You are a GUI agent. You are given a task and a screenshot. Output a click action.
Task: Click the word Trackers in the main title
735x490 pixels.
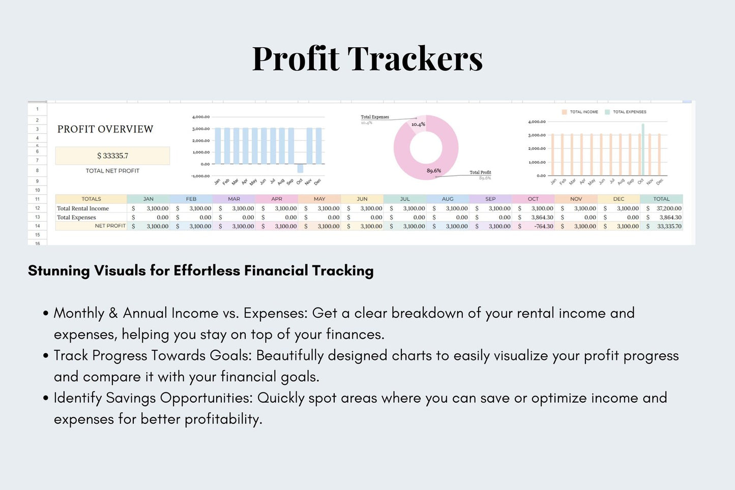[x=415, y=59]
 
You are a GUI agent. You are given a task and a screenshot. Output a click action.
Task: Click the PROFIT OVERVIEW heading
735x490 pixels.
[x=105, y=129]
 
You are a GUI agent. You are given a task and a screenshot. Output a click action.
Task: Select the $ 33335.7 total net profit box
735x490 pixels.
[x=112, y=156]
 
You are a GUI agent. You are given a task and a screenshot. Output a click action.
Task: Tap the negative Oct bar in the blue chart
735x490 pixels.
[x=301, y=168]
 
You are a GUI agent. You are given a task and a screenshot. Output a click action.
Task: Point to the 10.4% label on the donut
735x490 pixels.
[x=418, y=125]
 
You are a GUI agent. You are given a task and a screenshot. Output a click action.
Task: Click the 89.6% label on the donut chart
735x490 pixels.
[x=433, y=171]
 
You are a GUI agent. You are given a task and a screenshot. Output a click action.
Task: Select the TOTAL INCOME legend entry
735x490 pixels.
[x=580, y=112]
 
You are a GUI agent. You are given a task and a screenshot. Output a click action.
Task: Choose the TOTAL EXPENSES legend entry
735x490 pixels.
[x=626, y=112]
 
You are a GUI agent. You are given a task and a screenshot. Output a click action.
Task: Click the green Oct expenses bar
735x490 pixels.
[x=643, y=149]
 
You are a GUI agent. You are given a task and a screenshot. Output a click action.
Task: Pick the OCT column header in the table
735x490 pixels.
[x=533, y=199]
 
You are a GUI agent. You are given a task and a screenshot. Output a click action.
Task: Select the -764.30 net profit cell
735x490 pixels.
[x=543, y=226]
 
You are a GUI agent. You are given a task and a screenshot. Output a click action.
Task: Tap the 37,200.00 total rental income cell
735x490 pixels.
[x=668, y=208]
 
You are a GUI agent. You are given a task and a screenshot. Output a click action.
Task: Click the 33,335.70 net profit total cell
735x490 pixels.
[x=668, y=226]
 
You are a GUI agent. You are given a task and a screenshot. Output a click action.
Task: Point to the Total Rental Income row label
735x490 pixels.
[x=83, y=208]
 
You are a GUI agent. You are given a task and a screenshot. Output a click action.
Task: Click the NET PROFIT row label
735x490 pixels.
[x=110, y=226]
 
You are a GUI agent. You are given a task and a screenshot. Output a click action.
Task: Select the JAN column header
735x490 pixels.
[x=148, y=199]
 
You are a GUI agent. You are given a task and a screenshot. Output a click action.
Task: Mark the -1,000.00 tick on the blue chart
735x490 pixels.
[x=200, y=176]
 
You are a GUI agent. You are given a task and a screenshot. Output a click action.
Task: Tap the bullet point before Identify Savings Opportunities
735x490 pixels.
[x=46, y=398]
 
